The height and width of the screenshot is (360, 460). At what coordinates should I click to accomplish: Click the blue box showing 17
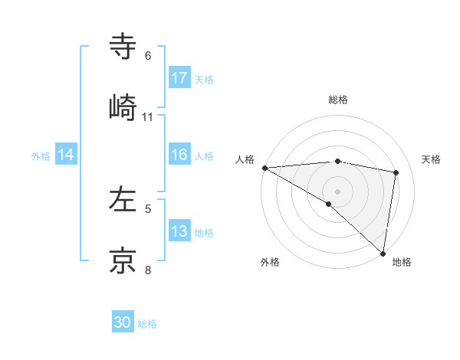coord(179,78)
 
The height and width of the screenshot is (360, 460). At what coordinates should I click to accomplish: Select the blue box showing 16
coord(179,155)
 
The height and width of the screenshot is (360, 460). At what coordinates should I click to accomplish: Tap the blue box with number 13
coord(179,231)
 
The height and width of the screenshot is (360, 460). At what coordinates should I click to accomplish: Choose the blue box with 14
coord(66,155)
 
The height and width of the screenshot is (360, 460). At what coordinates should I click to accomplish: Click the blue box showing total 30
coord(123,322)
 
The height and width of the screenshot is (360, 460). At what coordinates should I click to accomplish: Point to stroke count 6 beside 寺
coord(148,56)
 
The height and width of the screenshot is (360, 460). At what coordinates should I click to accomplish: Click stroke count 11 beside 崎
coord(148,117)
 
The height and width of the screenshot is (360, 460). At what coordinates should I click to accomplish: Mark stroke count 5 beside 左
coord(148,208)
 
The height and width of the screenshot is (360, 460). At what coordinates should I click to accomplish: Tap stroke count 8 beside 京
coord(148,270)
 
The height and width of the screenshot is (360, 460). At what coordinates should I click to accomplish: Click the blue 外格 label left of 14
coord(41,155)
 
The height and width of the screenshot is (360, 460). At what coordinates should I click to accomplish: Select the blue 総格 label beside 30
coord(147,324)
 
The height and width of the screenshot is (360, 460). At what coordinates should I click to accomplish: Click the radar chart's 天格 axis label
coord(431,159)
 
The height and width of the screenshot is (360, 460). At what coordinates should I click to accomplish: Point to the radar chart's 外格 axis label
coord(270,262)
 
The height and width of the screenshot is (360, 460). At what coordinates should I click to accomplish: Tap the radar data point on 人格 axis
coord(264,168)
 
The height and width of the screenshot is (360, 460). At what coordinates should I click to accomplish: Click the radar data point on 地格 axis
coord(383,253)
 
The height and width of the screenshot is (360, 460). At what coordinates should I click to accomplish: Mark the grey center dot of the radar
coord(337,191)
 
